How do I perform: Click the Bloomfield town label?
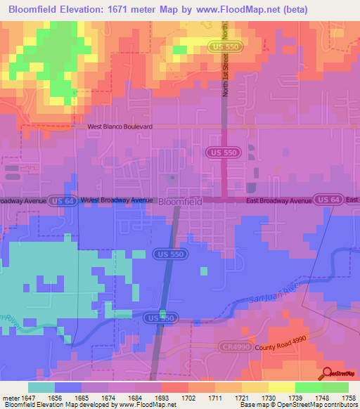tap(181, 201)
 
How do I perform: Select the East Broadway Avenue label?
tap(278, 201)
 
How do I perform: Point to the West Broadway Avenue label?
tap(117, 200)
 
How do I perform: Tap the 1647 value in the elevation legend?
tap(28, 398)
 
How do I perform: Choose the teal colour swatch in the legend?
tap(41, 387)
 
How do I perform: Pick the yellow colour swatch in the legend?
tap(281, 387)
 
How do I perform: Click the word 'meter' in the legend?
tap(9, 398)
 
